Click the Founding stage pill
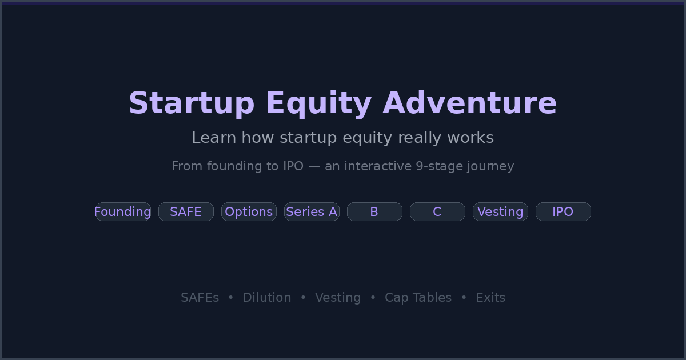coord(123,212)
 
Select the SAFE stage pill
coord(186,212)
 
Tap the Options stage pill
coord(249,212)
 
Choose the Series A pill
coord(312,212)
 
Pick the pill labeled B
coord(374,212)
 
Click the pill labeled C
coord(437,212)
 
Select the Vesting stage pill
coord(500,212)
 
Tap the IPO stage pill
coord(563,212)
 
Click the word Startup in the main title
coord(192,104)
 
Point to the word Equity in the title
coord(318,104)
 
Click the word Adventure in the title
coord(469,103)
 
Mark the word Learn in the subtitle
coord(213,138)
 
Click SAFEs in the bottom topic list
coord(200,298)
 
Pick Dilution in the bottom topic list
coord(266,298)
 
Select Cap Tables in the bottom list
coord(418,298)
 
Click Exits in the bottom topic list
coord(490,298)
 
